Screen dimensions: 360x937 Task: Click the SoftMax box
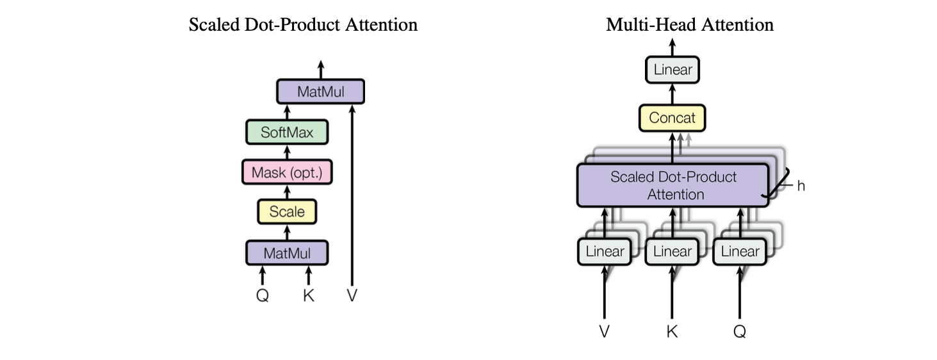point(287,133)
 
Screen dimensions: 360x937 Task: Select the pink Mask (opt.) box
point(287,172)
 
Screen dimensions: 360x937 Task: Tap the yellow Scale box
point(287,211)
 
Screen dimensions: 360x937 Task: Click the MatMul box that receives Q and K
point(287,252)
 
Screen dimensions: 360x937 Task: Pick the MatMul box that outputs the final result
point(320,92)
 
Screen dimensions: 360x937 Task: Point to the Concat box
point(672,118)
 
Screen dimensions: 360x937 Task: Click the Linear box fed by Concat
point(672,69)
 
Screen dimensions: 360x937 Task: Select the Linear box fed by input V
point(605,251)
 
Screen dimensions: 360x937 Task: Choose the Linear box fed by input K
point(672,251)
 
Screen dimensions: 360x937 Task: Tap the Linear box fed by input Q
point(740,251)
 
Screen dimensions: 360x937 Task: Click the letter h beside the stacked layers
point(801,186)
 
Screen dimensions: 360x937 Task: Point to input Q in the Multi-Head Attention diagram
point(740,331)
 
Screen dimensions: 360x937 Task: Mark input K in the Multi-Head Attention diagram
point(672,331)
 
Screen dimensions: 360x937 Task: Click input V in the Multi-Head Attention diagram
point(605,331)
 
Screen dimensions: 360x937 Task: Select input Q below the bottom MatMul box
point(262,297)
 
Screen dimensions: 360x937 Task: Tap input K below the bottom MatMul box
point(309,297)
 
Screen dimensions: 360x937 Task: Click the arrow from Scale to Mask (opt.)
point(287,192)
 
